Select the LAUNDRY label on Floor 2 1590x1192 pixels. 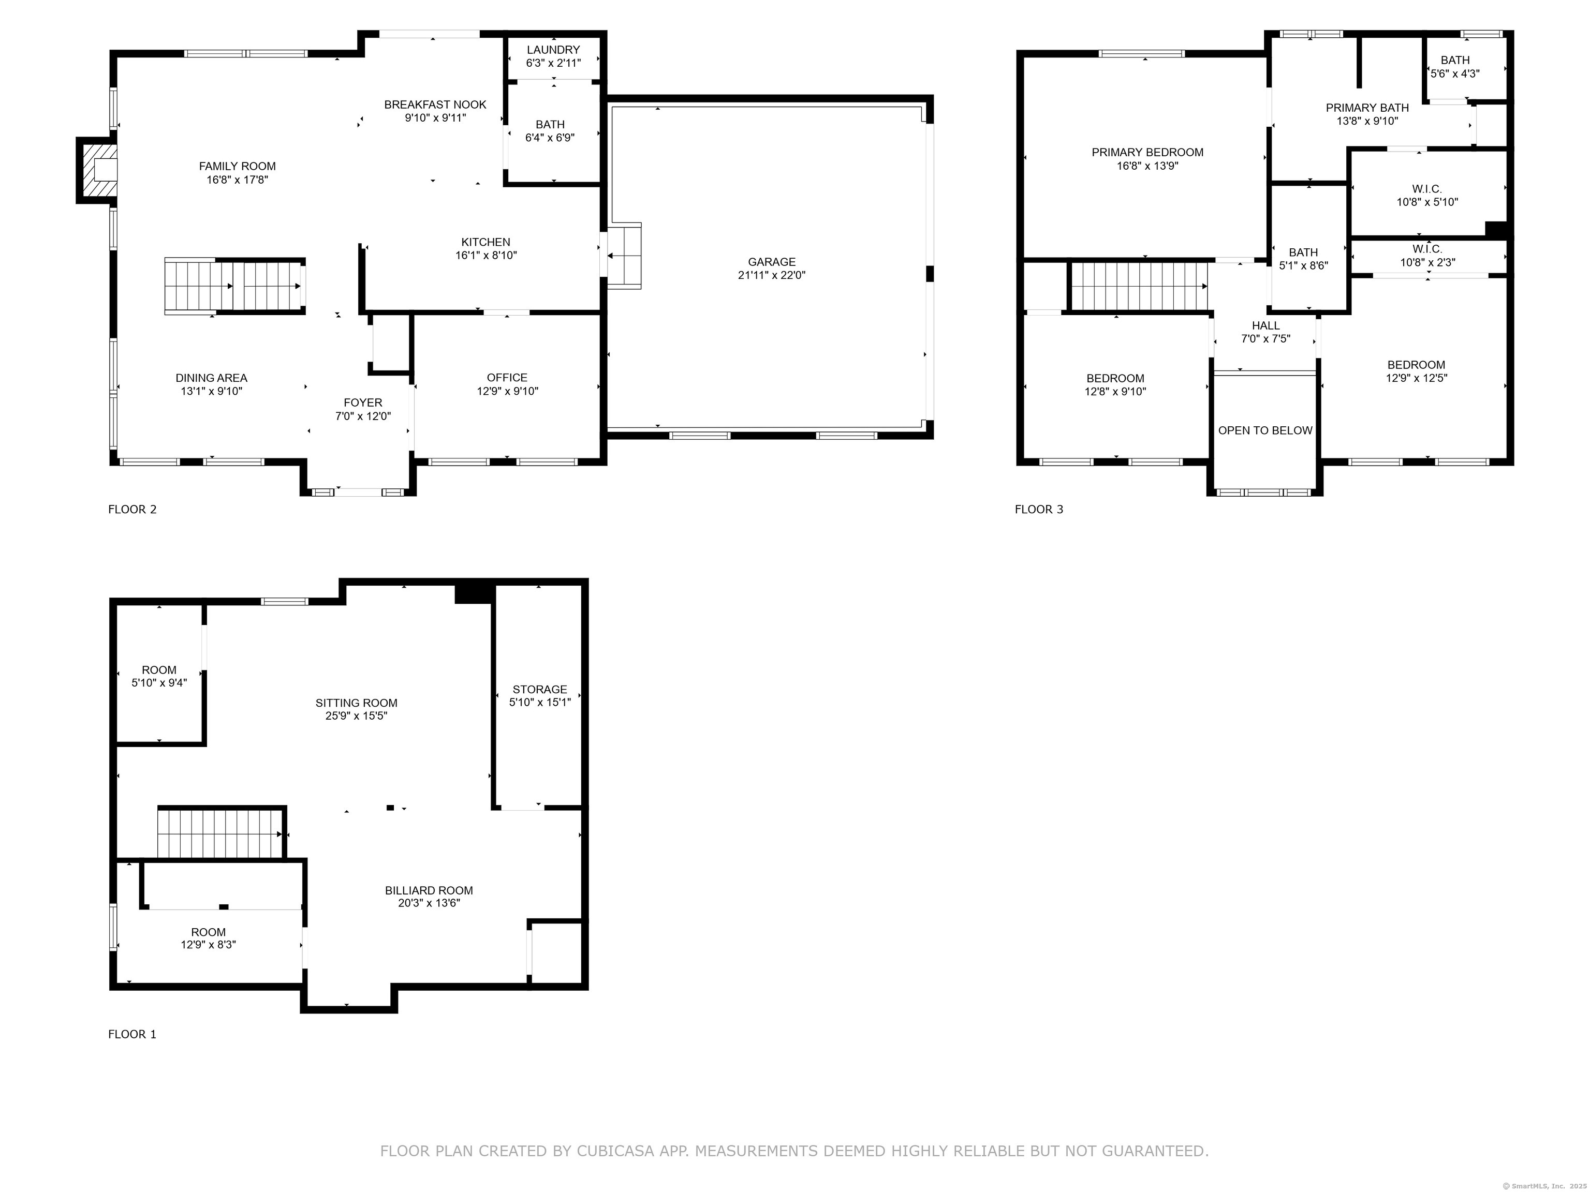[553, 50]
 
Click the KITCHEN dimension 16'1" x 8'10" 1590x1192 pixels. [486, 255]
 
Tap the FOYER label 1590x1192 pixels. [363, 403]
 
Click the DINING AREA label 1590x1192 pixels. [211, 378]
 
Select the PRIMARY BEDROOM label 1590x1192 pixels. [1147, 152]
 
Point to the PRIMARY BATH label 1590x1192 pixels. [1367, 108]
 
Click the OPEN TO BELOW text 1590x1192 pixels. [1265, 430]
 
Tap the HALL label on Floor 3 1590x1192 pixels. [1266, 325]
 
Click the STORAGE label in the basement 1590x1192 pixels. [540, 689]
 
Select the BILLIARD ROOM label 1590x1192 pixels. [429, 890]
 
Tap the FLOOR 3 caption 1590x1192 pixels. [1039, 510]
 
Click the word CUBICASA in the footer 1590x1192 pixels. [615, 1151]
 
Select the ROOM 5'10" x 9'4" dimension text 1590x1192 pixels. [159, 682]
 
